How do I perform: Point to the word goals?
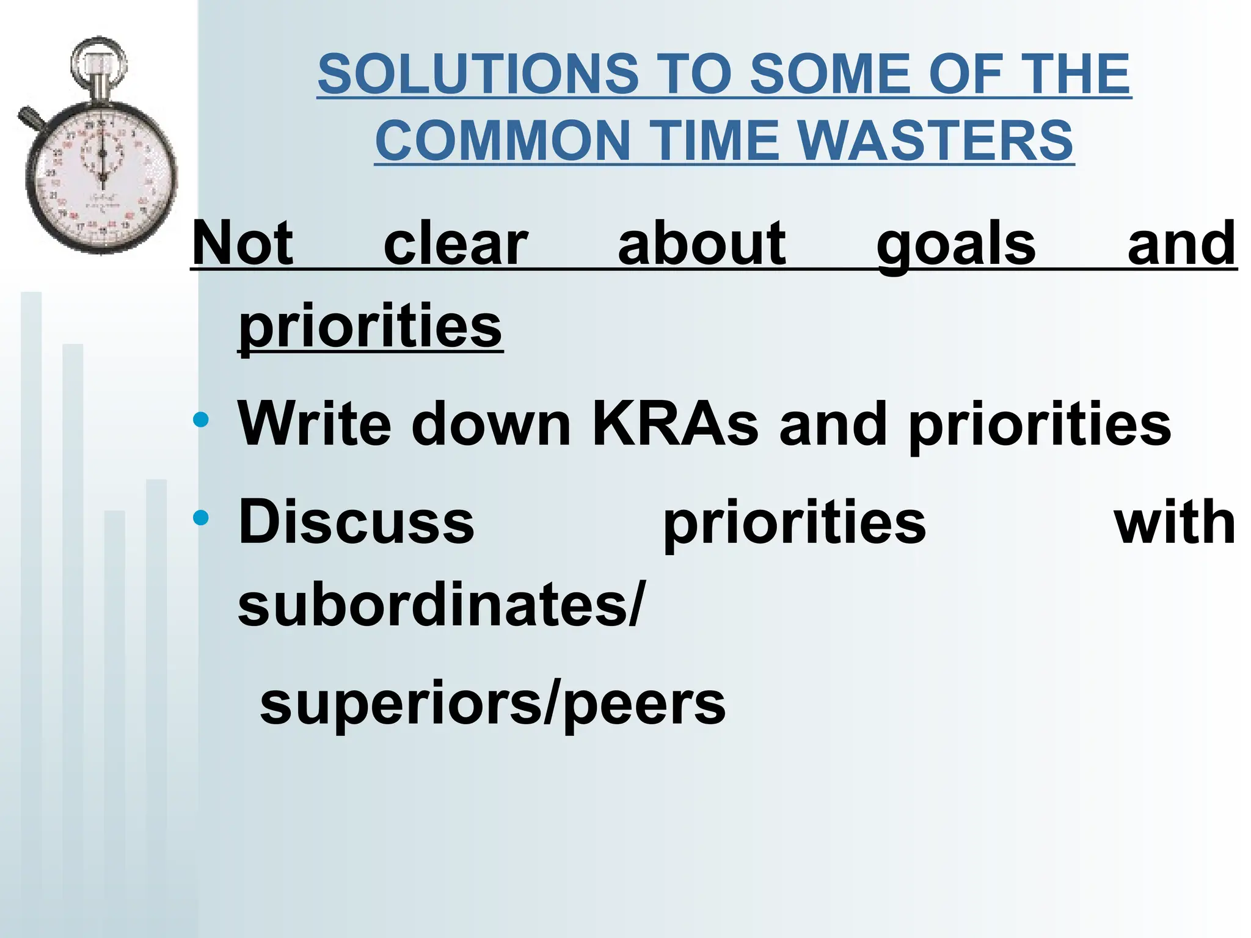click(955, 244)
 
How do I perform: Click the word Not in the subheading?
click(243, 244)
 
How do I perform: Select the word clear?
click(455, 244)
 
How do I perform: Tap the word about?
click(701, 244)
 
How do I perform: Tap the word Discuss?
click(356, 522)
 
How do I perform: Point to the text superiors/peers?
click(492, 703)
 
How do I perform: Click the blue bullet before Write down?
click(200, 420)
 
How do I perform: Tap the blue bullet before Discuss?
click(200, 518)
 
